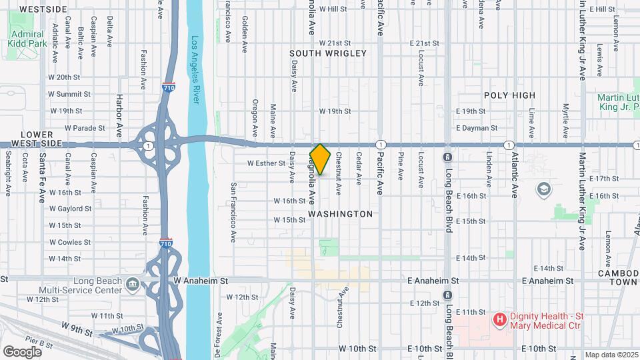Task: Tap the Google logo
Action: coord(22,351)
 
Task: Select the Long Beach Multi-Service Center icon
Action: coord(132,285)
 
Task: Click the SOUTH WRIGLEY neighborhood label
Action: coord(328,53)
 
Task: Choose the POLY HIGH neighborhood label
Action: coord(509,95)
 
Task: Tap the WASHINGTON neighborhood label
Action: coord(341,214)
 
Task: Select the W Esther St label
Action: coord(266,163)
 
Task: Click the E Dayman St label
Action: coord(476,127)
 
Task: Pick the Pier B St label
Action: coord(41,343)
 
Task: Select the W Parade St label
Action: coord(85,128)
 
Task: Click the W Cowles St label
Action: coord(69,242)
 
